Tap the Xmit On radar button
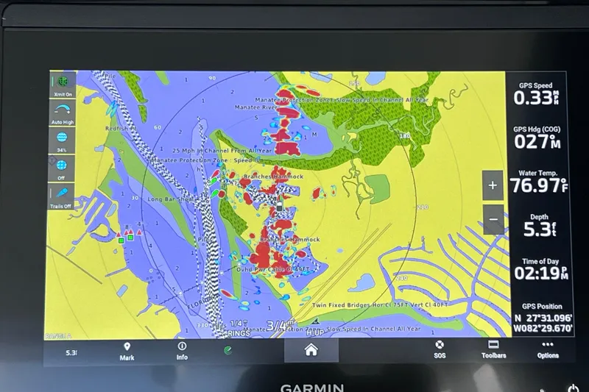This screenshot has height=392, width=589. click(x=62, y=84)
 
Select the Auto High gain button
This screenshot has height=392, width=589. click(x=62, y=112)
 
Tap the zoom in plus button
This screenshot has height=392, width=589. click(x=493, y=185)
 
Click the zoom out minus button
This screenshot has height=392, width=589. click(x=493, y=218)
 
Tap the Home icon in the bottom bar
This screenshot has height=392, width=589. click(x=311, y=350)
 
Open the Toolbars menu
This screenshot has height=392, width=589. click(x=493, y=349)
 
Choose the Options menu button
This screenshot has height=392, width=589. click(x=547, y=349)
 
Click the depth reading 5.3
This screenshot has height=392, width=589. click(x=535, y=229)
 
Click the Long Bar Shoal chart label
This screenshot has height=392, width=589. click(x=170, y=199)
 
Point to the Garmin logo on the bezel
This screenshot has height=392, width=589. click(x=311, y=386)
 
